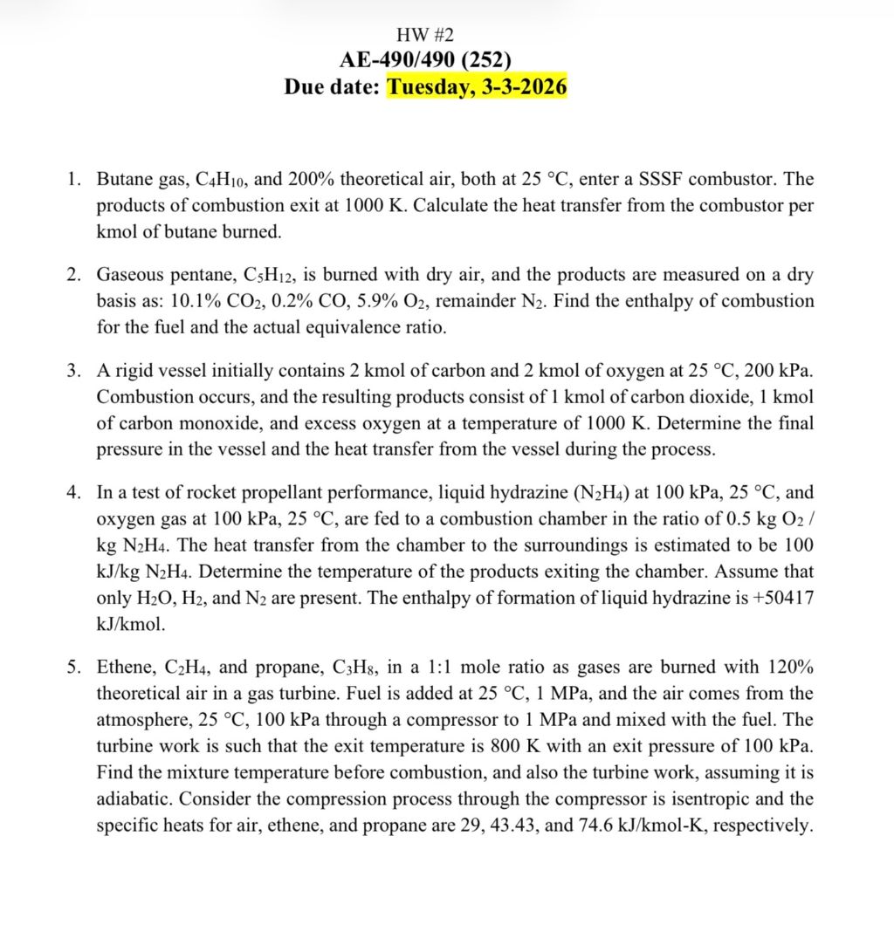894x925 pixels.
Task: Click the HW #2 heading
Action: pyautogui.click(x=425, y=35)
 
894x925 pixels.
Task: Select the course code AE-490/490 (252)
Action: pyautogui.click(x=425, y=60)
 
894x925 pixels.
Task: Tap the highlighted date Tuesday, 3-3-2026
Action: pyautogui.click(x=477, y=87)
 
